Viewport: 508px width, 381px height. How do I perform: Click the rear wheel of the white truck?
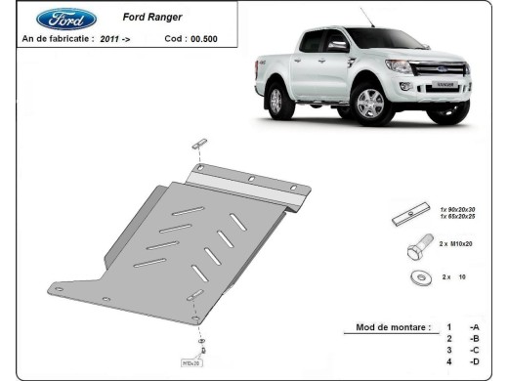[278, 101]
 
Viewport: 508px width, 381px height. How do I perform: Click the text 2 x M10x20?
[455, 244]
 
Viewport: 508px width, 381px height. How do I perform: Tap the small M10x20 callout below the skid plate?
[190, 362]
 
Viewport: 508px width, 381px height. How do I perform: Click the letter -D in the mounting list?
[474, 362]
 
